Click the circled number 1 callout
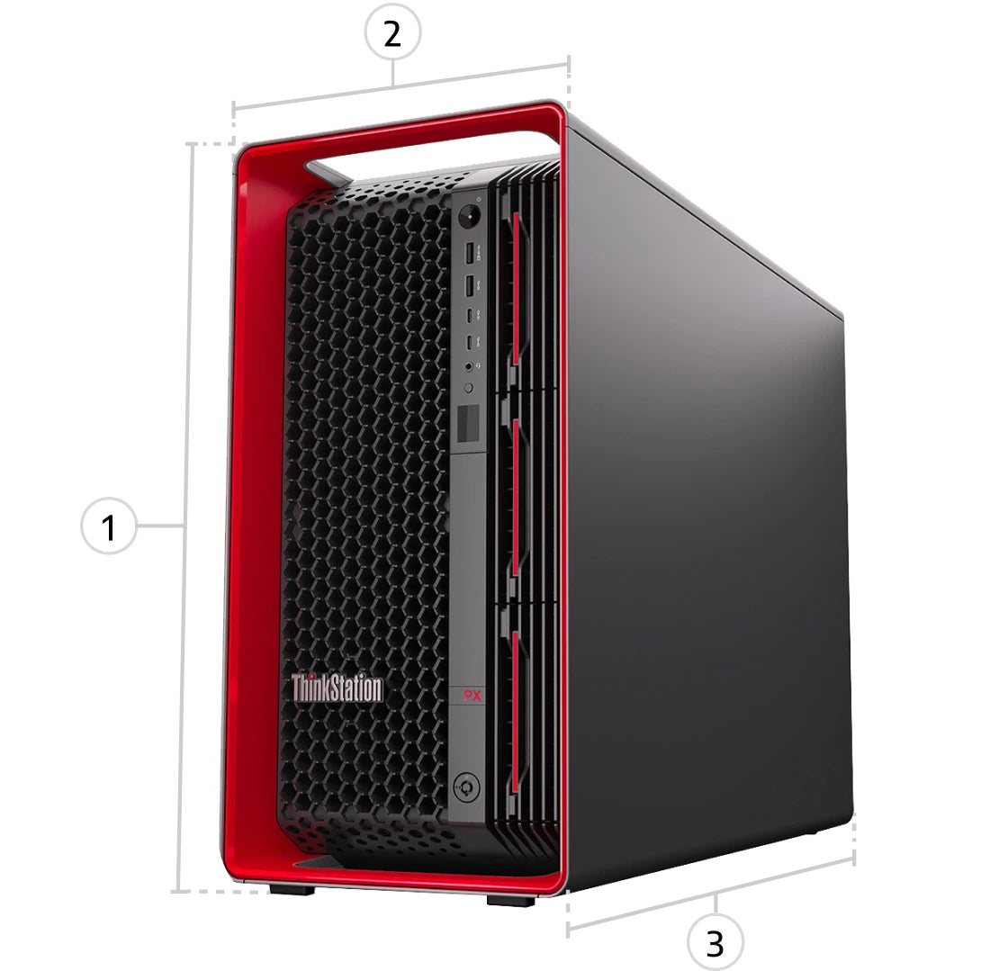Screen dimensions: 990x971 click(x=109, y=526)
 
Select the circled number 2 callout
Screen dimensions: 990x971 click(x=392, y=32)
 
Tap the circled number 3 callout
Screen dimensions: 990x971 click(x=715, y=942)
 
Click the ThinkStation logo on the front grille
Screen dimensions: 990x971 click(x=337, y=688)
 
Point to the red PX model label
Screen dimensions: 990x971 click(x=472, y=696)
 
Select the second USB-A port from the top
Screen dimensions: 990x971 click(x=469, y=286)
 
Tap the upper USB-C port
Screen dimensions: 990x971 click(x=470, y=314)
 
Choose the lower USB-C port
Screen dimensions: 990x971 click(x=470, y=342)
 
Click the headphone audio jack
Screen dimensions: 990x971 click(x=469, y=366)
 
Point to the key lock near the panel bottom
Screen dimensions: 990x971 click(x=466, y=787)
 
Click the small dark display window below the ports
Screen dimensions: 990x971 click(x=469, y=422)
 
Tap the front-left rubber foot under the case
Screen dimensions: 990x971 click(x=292, y=889)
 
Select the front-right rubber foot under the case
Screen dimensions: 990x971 click(x=511, y=900)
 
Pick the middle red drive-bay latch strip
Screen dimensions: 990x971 click(x=516, y=496)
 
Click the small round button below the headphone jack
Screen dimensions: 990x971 click(x=469, y=388)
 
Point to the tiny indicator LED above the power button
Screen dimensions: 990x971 click(x=479, y=200)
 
